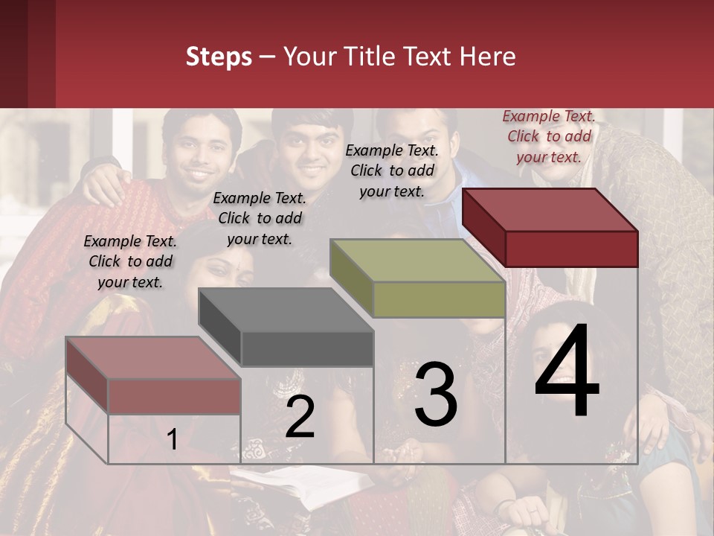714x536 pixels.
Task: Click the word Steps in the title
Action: click(x=219, y=57)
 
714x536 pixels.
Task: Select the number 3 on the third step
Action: click(x=436, y=395)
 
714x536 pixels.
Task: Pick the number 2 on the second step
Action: click(x=300, y=417)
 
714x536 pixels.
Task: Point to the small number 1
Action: click(x=172, y=439)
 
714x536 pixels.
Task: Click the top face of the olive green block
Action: click(x=417, y=260)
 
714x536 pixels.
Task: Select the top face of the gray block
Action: click(x=286, y=310)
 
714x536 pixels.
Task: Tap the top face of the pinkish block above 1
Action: click(x=153, y=358)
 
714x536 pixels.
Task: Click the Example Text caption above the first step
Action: click(x=130, y=261)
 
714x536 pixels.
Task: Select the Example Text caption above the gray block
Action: click(x=260, y=218)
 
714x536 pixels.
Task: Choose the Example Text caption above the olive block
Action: click(x=392, y=170)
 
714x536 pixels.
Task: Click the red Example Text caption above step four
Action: click(x=549, y=136)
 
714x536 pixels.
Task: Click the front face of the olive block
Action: click(x=439, y=300)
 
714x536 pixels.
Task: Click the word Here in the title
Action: click(x=489, y=57)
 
